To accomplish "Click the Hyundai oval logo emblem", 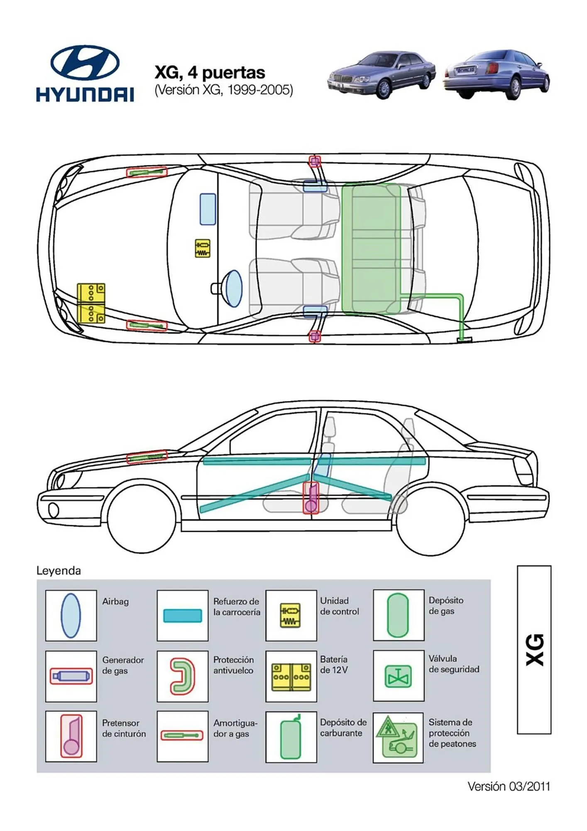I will pos(85,63).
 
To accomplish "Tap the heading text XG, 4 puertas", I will pos(210,72).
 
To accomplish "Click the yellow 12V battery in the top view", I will pos(91,303).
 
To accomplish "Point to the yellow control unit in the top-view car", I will pos(203,248).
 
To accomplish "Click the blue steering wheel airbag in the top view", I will pos(233,288).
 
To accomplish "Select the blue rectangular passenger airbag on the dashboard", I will pos(208,209).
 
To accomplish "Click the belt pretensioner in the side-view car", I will pos(311,498).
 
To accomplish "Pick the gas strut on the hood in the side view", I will pos(147,457).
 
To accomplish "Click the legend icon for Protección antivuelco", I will pos(183,676).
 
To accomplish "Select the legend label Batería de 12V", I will pos(334,664).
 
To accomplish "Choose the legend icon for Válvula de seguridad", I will pos(398,676).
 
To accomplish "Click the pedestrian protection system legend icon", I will pos(398,737).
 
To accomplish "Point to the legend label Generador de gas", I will pos(123,665).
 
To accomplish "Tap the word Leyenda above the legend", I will pos(59,570).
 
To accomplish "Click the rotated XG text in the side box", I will pos(534,649).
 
